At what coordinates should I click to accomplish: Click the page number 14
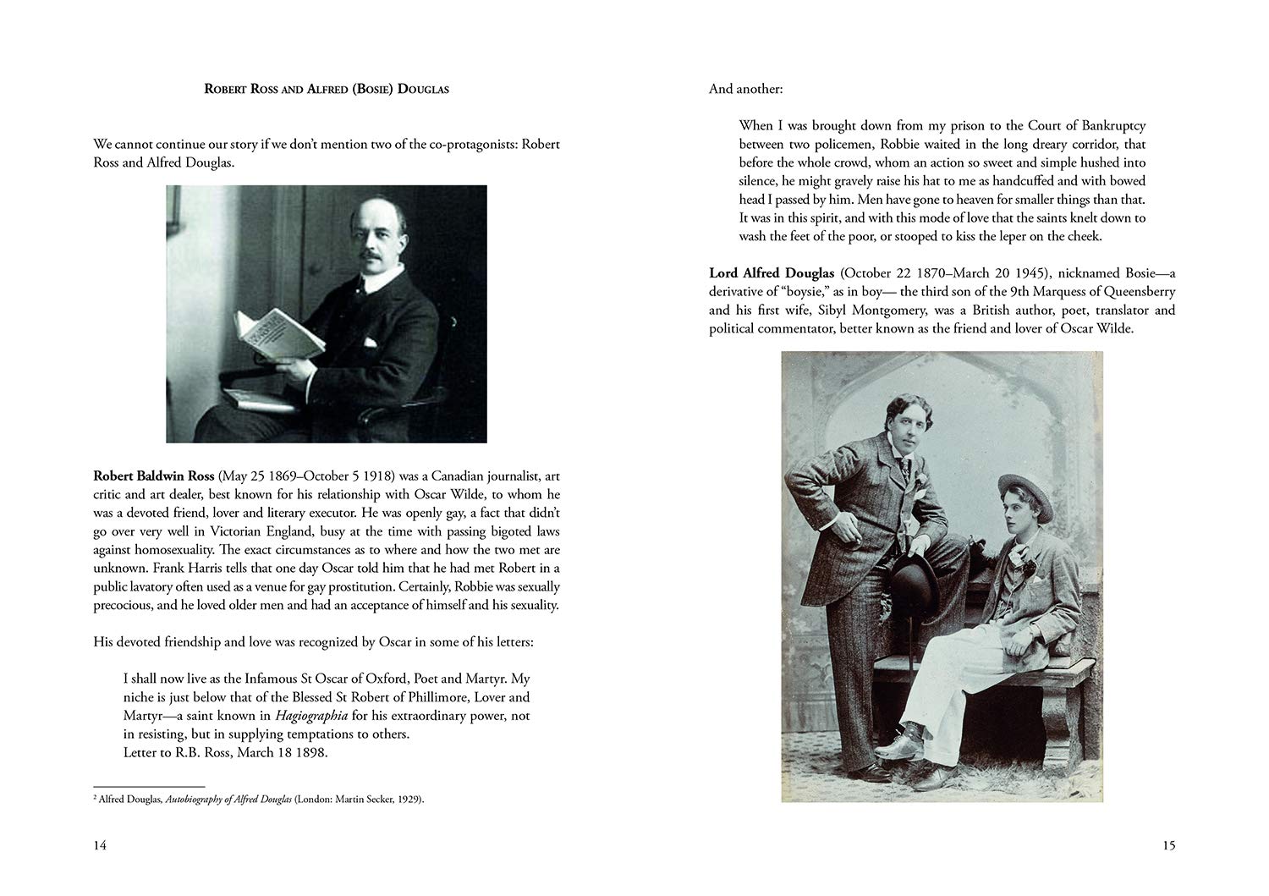click(100, 845)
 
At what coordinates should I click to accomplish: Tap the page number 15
click(1168, 845)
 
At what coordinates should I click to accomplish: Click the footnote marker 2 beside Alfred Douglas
click(95, 796)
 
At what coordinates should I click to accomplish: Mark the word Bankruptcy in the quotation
click(1108, 125)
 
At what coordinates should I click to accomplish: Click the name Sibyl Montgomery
click(868, 311)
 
